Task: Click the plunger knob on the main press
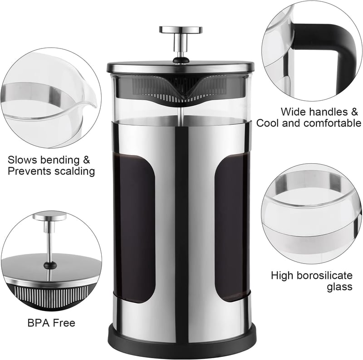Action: tap(181, 30)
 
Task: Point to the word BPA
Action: tap(39, 323)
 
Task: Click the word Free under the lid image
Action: tap(64, 323)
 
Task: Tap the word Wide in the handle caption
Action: tap(293, 112)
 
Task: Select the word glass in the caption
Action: tap(339, 287)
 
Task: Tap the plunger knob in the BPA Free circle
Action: tap(49, 217)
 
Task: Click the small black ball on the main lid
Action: tap(181, 60)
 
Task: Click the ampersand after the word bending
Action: tap(85, 160)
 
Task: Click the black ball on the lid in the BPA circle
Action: tap(50, 265)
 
